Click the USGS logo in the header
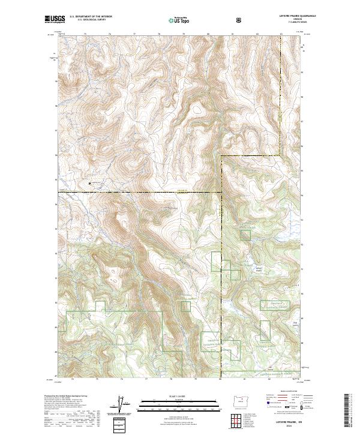tap(55, 20)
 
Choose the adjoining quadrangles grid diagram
tap(240, 418)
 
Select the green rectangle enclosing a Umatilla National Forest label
tap(275, 305)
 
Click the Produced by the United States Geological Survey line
tap(66, 395)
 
